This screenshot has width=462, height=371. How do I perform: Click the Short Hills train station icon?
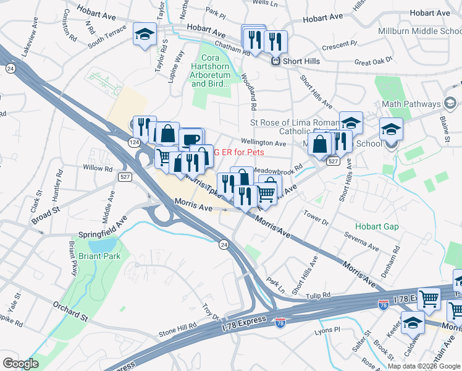(276, 61)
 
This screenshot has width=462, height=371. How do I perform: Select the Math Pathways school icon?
(450, 103)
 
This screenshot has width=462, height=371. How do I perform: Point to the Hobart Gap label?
(382, 227)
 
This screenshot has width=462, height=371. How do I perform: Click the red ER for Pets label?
(239, 151)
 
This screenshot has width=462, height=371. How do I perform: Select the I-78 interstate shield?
(280, 323)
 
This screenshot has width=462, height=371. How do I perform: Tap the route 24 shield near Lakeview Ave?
(10, 67)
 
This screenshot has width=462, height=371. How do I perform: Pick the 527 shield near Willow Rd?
(123, 177)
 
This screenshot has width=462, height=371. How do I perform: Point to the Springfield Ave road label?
(103, 235)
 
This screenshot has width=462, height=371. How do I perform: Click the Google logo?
(20, 364)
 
